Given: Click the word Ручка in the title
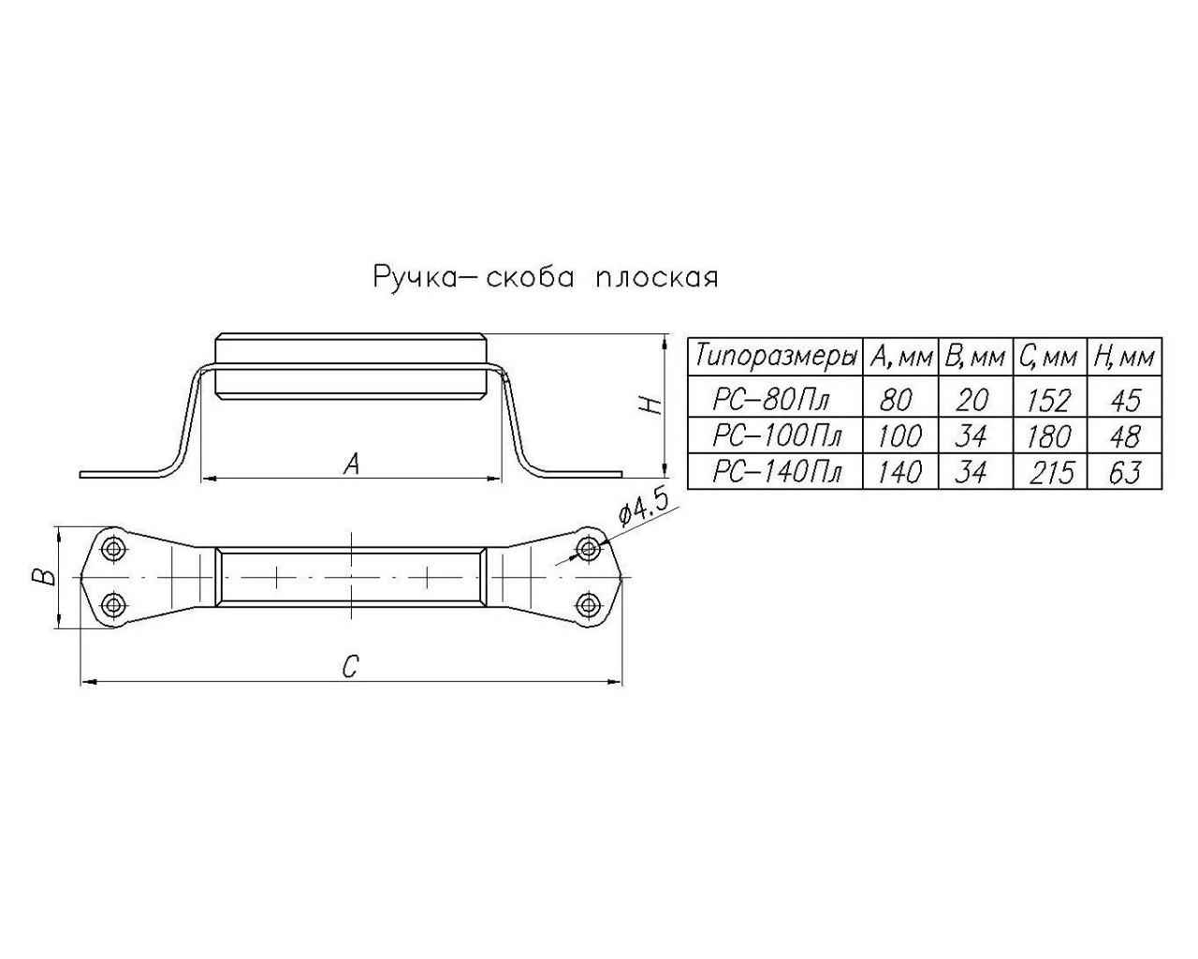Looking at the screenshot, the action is (415, 277).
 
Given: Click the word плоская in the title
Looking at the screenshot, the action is (657, 277).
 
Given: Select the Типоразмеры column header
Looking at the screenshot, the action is (776, 357).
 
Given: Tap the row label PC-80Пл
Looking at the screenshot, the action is (770, 400).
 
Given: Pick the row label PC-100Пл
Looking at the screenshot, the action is (777, 435).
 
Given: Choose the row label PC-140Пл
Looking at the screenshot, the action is (777, 472).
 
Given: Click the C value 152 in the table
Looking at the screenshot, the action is (1049, 400).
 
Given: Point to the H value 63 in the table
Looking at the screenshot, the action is (1125, 472).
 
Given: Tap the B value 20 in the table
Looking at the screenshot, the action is (972, 400).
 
